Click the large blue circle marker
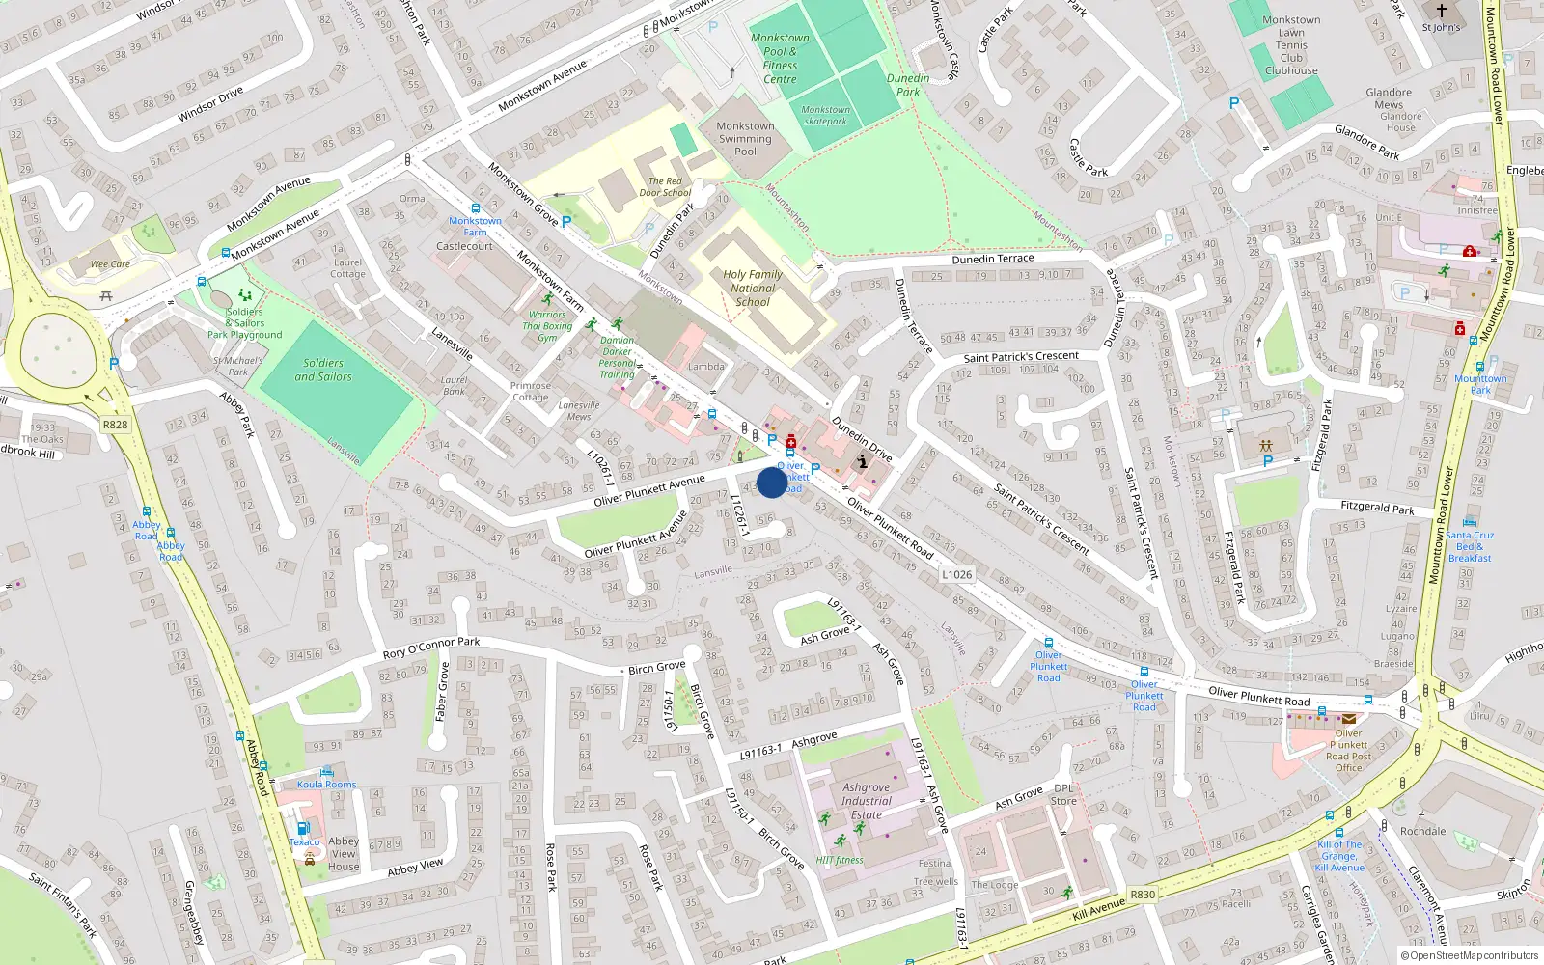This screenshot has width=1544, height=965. click(772, 482)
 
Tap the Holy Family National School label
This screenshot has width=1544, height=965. click(753, 288)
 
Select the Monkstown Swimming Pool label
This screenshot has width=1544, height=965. click(745, 139)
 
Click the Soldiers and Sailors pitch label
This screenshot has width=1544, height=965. click(323, 370)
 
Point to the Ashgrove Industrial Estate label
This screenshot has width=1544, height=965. click(866, 801)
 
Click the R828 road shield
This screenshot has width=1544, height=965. click(115, 425)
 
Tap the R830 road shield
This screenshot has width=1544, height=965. click(1143, 895)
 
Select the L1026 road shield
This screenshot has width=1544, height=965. click(956, 574)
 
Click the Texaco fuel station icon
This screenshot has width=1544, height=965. click(302, 828)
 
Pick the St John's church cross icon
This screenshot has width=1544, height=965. click(1441, 11)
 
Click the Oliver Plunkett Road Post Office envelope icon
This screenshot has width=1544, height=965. click(1348, 719)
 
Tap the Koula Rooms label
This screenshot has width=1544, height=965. click(326, 785)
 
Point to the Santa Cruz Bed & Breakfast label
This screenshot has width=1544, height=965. click(1470, 546)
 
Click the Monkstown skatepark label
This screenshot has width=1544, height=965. click(825, 116)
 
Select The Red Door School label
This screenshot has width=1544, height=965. click(665, 186)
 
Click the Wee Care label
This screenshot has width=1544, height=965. click(110, 263)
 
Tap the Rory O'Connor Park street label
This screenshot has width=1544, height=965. click(431, 648)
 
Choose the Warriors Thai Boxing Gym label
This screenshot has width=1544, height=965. click(547, 326)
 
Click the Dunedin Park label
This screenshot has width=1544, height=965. click(908, 85)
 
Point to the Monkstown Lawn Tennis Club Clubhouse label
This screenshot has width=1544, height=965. click(1291, 45)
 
